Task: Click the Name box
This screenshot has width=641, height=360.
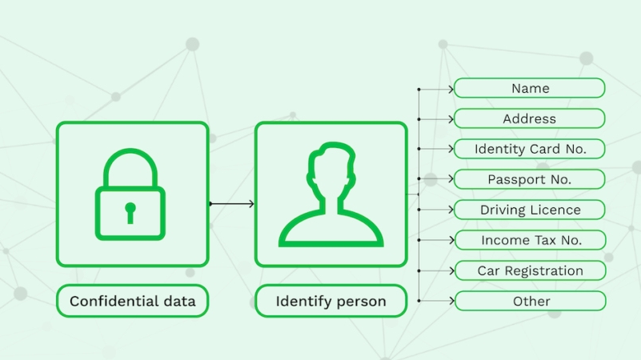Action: (530, 88)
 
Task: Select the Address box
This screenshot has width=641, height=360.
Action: (530, 118)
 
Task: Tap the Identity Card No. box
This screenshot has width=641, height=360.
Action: (530, 149)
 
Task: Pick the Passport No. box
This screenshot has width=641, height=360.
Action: (530, 179)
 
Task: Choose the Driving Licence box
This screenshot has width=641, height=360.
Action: (530, 210)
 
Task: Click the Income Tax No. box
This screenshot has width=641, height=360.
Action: (531, 240)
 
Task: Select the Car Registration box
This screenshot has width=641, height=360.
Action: (531, 270)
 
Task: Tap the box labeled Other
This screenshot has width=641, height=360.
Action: (531, 301)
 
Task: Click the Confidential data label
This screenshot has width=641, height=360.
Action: (133, 301)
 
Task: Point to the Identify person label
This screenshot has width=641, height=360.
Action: (331, 301)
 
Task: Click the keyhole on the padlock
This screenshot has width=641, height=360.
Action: (130, 213)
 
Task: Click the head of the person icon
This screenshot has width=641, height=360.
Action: (331, 172)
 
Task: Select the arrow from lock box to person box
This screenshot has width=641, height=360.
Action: (232, 203)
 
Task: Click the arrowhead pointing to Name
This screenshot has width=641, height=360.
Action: (451, 89)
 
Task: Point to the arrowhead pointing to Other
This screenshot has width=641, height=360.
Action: (451, 301)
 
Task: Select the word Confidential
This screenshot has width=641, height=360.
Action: (115, 301)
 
